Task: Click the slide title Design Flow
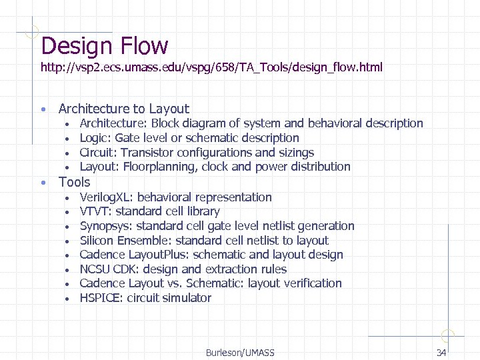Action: click(x=105, y=46)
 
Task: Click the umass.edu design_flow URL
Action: click(x=211, y=68)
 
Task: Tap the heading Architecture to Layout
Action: click(x=124, y=109)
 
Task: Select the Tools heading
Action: click(x=74, y=182)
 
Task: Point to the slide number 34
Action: click(x=441, y=352)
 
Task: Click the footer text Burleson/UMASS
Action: click(x=240, y=352)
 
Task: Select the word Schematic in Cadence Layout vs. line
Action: click(x=215, y=283)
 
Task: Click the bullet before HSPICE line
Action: click(x=67, y=299)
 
